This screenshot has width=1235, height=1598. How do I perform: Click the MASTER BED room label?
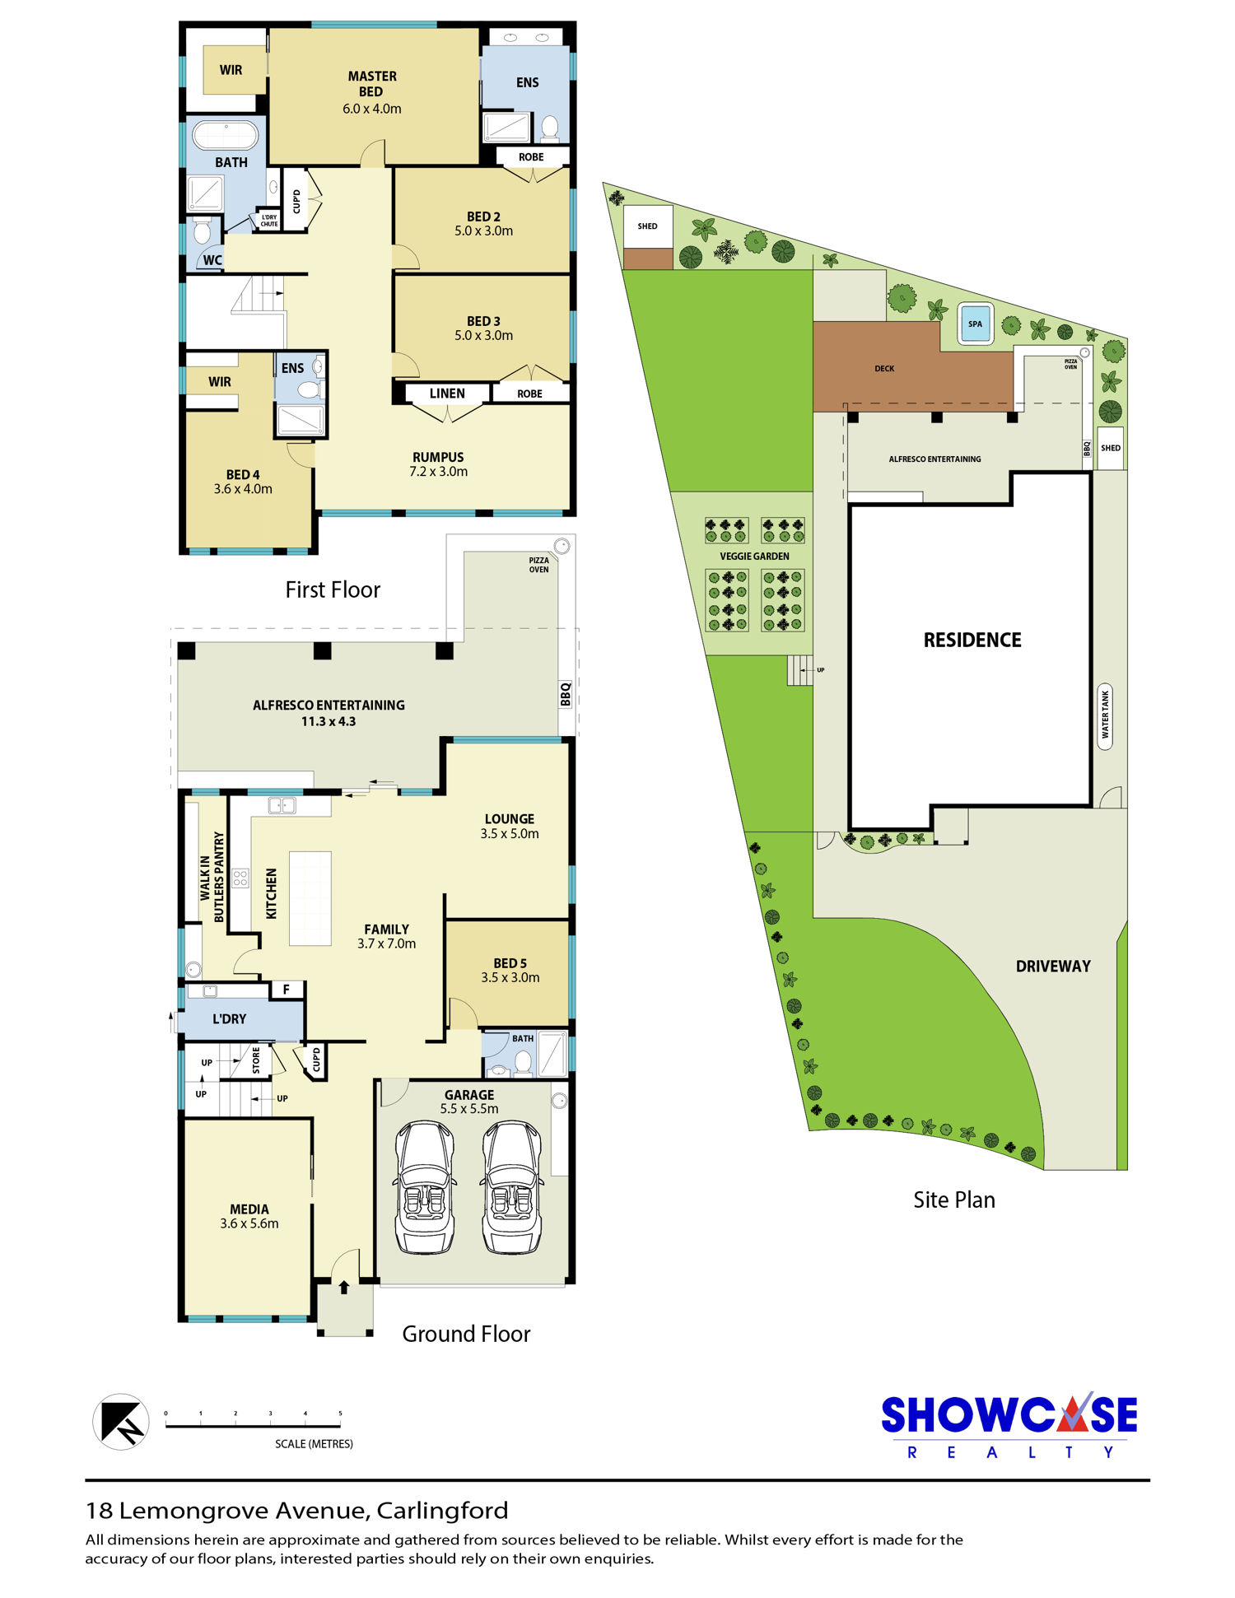pos(371,84)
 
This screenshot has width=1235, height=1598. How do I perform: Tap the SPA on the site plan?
pos(976,324)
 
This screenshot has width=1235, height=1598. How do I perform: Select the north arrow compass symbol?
pos(121,1422)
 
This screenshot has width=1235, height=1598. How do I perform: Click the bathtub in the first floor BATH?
pos(225,135)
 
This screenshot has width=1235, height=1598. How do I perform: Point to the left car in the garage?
pos(424,1186)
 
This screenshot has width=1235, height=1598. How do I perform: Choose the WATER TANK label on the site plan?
pos(1105,715)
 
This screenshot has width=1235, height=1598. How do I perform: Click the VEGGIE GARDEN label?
pos(754,557)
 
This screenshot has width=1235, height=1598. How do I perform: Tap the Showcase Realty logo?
pos(1009,1425)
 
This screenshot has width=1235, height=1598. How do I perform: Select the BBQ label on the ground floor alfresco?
pos(566,694)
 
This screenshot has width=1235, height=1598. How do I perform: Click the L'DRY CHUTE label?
pos(269,221)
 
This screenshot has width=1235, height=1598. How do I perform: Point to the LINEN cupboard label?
pos(447,394)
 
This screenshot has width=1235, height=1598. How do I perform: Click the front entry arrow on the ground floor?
pos(344,1286)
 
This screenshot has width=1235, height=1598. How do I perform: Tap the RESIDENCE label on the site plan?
pos(972,640)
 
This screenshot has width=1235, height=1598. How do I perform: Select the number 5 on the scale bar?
pos(340,1414)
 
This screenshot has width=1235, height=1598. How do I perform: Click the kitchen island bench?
pos(310,898)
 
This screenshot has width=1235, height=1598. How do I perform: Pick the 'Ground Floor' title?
pos(466,1334)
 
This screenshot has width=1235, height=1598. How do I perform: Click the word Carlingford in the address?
pos(443,1511)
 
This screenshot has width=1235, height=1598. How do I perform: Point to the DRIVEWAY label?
pos(1053,967)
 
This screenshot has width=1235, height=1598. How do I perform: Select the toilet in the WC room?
pos(202,231)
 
